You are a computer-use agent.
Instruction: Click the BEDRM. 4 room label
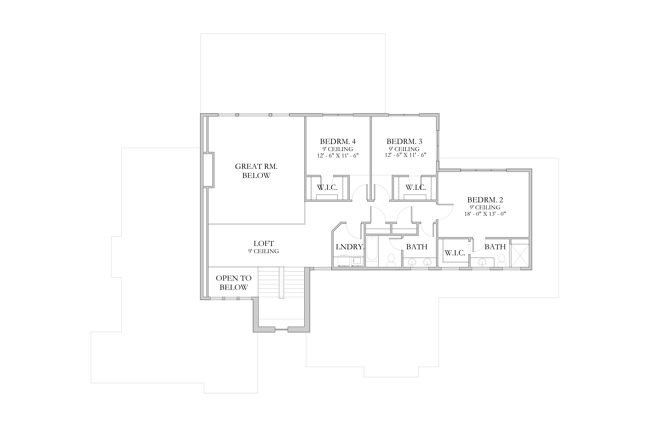click(338, 142)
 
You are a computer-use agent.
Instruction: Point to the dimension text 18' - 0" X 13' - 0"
click(485, 214)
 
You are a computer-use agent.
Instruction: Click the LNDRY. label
click(350, 247)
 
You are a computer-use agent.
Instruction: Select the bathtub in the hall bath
click(372, 249)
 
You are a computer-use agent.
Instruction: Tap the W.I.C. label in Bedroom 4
click(327, 187)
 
